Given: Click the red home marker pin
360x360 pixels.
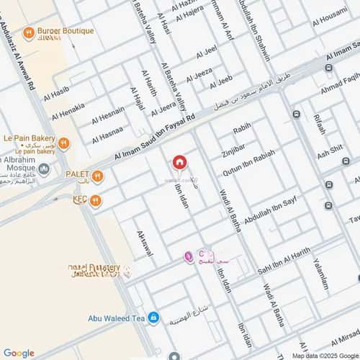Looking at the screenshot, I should [179, 163].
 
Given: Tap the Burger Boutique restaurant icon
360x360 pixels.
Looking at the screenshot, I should [29, 32].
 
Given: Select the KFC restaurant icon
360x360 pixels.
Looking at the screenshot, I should [95, 201].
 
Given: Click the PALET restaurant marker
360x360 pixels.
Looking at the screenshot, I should [96, 176].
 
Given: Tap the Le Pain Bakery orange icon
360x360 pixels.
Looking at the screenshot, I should [63, 143].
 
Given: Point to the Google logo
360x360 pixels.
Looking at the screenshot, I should [19, 353].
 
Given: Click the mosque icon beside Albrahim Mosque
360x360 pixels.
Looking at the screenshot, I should [44, 169].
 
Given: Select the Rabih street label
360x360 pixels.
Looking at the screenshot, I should [242, 128].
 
